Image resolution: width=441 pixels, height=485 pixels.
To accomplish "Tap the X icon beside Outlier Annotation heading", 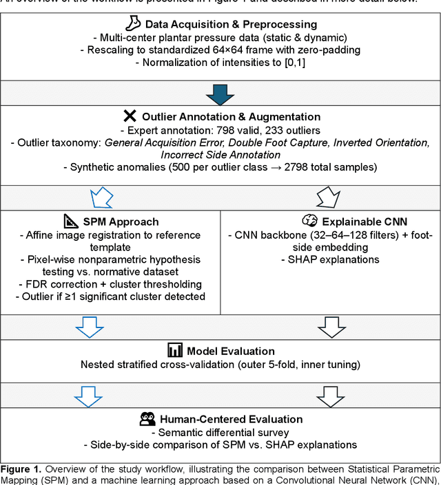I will pyautogui.click(x=130, y=116).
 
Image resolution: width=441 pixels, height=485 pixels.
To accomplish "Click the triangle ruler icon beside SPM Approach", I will pyautogui.click(x=71, y=222).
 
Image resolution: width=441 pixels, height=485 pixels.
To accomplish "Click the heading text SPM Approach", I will pyautogui.click(x=121, y=222).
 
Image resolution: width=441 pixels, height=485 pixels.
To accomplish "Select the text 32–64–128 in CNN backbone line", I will pyautogui.click(x=326, y=235).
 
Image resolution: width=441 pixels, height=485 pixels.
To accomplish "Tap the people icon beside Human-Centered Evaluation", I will pyautogui.click(x=147, y=418).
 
